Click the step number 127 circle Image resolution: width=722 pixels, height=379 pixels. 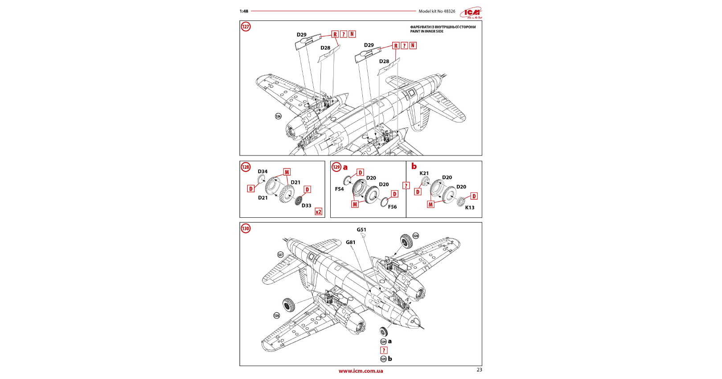[x=246, y=27]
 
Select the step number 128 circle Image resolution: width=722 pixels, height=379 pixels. [x=246, y=167]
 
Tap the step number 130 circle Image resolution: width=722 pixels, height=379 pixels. [x=246, y=228]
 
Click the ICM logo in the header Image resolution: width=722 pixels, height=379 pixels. [x=472, y=12]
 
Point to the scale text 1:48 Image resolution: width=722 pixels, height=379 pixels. [x=244, y=11]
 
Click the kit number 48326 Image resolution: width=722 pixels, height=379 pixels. [x=449, y=11]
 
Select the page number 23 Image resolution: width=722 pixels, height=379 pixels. [x=479, y=370]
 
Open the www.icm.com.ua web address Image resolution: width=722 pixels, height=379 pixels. [x=361, y=371]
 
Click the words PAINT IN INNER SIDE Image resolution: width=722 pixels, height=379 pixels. [x=427, y=32]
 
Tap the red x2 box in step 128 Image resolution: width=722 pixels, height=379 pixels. [x=318, y=212]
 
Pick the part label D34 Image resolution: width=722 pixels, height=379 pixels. [x=263, y=171]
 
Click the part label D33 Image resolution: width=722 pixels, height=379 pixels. [x=306, y=206]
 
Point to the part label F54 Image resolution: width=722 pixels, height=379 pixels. [x=339, y=189]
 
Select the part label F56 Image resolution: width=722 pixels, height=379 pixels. [x=392, y=207]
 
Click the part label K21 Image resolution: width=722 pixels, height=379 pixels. [x=424, y=173]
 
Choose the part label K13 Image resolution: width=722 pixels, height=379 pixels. [x=470, y=208]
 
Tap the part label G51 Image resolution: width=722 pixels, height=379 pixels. [x=361, y=230]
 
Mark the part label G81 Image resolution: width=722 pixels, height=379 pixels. [x=350, y=243]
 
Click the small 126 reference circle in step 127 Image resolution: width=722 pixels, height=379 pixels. [x=278, y=116]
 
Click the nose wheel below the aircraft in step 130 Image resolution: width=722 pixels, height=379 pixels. [x=384, y=331]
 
